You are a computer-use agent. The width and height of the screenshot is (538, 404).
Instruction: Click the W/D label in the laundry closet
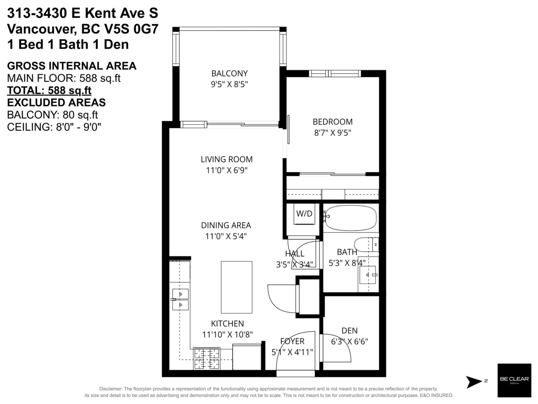(x=304, y=213)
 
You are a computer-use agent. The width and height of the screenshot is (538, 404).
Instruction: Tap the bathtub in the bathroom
(x=351, y=218)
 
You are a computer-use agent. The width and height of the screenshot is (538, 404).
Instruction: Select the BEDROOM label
(x=332, y=122)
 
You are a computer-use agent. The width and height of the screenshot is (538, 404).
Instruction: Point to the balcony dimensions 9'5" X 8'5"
(x=229, y=84)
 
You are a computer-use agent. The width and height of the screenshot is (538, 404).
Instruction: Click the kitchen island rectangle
(x=237, y=287)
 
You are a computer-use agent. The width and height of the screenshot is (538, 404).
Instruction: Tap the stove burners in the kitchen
(x=207, y=358)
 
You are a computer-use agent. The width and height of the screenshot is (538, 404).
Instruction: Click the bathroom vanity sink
(x=367, y=275)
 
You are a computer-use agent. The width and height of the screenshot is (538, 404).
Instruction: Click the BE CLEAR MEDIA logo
(x=514, y=380)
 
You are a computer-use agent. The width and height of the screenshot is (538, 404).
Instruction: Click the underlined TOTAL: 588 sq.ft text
(x=49, y=91)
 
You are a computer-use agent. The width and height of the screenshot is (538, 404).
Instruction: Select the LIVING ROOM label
(x=226, y=159)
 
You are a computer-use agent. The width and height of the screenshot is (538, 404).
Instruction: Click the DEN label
(x=350, y=330)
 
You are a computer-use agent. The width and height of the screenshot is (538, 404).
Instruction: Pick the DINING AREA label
(x=226, y=225)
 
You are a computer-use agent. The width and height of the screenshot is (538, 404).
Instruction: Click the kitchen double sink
(x=180, y=299)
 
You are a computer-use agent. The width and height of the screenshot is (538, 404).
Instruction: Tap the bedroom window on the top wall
(x=334, y=74)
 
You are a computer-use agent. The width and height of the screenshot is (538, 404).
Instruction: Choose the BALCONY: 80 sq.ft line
(x=52, y=115)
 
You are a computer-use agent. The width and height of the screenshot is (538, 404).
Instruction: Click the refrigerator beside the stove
(x=247, y=357)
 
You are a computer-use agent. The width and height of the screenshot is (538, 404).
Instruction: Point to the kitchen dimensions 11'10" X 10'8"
(x=227, y=334)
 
